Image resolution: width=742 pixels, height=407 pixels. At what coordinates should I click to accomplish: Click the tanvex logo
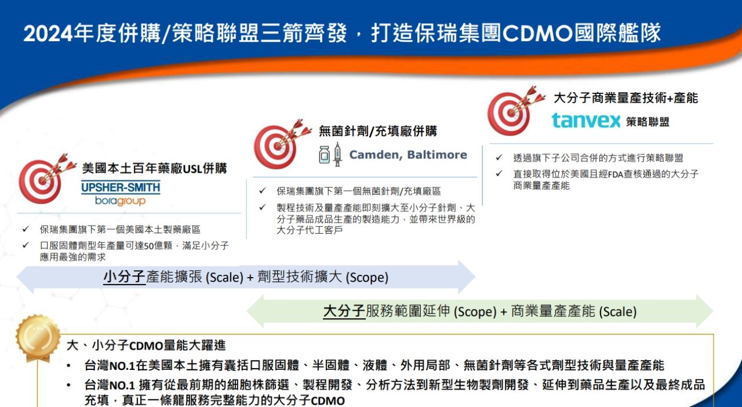[x=585, y=121]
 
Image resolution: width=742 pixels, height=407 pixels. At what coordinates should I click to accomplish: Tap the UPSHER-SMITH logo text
[x=121, y=188]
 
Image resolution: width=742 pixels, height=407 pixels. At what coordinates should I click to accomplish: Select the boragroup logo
[x=120, y=201]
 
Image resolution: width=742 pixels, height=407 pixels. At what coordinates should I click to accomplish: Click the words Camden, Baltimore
[x=408, y=155]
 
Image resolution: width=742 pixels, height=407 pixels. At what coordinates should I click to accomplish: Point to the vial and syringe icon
[x=330, y=155]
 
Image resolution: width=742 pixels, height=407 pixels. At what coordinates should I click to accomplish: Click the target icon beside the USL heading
[x=46, y=179]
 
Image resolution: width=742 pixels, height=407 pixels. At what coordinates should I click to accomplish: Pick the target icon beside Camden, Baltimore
[x=282, y=144]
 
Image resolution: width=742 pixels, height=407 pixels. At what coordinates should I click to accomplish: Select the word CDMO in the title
[x=538, y=34]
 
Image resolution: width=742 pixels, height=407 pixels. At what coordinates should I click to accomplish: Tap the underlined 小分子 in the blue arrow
[x=125, y=277]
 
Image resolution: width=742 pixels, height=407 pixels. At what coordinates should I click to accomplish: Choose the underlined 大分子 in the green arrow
[x=344, y=311]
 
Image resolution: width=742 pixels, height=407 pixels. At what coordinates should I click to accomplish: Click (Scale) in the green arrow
[x=618, y=312]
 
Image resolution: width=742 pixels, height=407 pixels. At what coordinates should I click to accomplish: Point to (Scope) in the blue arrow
[x=367, y=278]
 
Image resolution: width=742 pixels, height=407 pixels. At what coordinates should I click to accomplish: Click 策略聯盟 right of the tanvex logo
[x=648, y=122]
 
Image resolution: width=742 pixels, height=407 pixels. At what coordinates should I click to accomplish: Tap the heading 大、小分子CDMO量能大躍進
[x=146, y=346]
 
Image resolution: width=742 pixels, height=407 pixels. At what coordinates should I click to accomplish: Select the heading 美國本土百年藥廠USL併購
[x=154, y=168]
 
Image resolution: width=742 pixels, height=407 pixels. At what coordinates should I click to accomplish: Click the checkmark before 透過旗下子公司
[x=499, y=158]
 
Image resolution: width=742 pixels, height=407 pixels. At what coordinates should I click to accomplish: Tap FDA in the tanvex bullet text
[x=616, y=175]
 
